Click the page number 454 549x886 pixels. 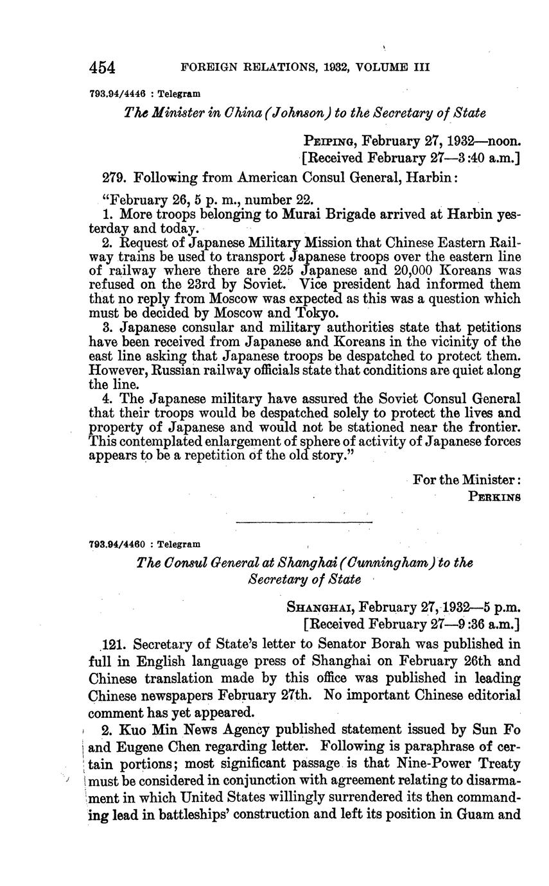[102, 67]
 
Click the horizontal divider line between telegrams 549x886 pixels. [304, 523]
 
